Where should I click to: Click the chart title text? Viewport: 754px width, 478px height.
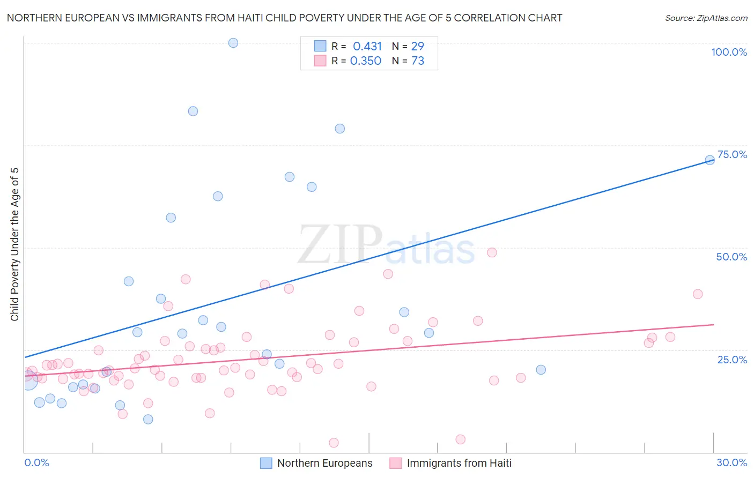(284, 18)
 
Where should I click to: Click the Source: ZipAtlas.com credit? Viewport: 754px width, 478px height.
(706, 18)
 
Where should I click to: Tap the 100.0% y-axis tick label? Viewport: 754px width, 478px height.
(729, 52)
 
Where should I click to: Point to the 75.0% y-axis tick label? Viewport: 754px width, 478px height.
(732, 154)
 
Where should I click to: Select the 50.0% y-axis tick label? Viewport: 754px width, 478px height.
(731, 257)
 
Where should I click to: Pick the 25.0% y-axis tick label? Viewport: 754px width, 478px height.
(732, 359)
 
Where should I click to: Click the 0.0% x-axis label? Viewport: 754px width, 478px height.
(36, 462)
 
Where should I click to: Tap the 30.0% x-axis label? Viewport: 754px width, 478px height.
(731, 462)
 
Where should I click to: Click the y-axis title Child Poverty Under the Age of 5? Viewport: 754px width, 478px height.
(14, 244)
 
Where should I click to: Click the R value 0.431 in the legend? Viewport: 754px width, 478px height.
(367, 47)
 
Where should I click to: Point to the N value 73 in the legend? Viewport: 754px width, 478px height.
(418, 61)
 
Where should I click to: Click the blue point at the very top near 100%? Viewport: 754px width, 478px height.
(233, 43)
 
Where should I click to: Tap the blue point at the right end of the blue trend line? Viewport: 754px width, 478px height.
(709, 160)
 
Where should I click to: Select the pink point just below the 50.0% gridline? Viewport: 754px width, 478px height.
(492, 252)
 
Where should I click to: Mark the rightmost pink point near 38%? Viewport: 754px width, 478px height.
(698, 294)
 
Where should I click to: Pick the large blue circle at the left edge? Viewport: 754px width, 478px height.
(28, 380)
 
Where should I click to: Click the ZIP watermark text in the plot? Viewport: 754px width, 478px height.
(340, 245)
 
